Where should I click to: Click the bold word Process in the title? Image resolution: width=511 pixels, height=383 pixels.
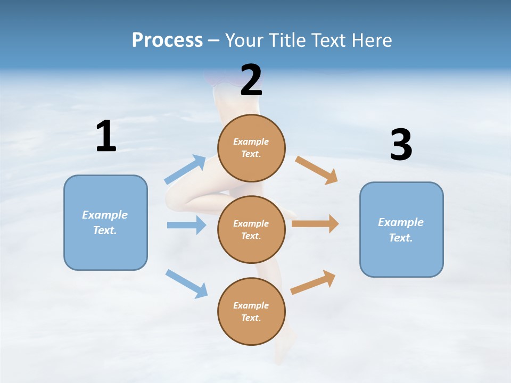pyautogui.click(x=167, y=40)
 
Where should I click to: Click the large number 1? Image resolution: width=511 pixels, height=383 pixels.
pyautogui.click(x=106, y=136)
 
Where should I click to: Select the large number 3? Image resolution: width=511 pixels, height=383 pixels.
pyautogui.click(x=401, y=145)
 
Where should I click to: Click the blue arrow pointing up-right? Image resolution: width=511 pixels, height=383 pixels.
pyautogui.click(x=185, y=170)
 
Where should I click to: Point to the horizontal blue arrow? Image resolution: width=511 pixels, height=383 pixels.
pyautogui.click(x=186, y=225)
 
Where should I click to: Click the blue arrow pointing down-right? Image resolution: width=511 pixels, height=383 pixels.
pyautogui.click(x=186, y=284)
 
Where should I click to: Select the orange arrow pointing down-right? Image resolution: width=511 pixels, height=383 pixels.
pyautogui.click(x=317, y=170)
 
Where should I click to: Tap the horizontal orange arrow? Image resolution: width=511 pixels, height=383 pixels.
pyautogui.click(x=315, y=224)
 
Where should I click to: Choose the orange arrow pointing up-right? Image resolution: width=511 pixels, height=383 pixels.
pyautogui.click(x=313, y=282)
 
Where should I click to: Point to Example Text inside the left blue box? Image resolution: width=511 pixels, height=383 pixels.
pyautogui.click(x=105, y=222)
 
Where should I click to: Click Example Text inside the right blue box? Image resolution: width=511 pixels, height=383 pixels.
pyautogui.click(x=401, y=230)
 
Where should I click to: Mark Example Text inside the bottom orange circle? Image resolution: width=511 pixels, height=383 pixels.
pyautogui.click(x=251, y=312)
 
